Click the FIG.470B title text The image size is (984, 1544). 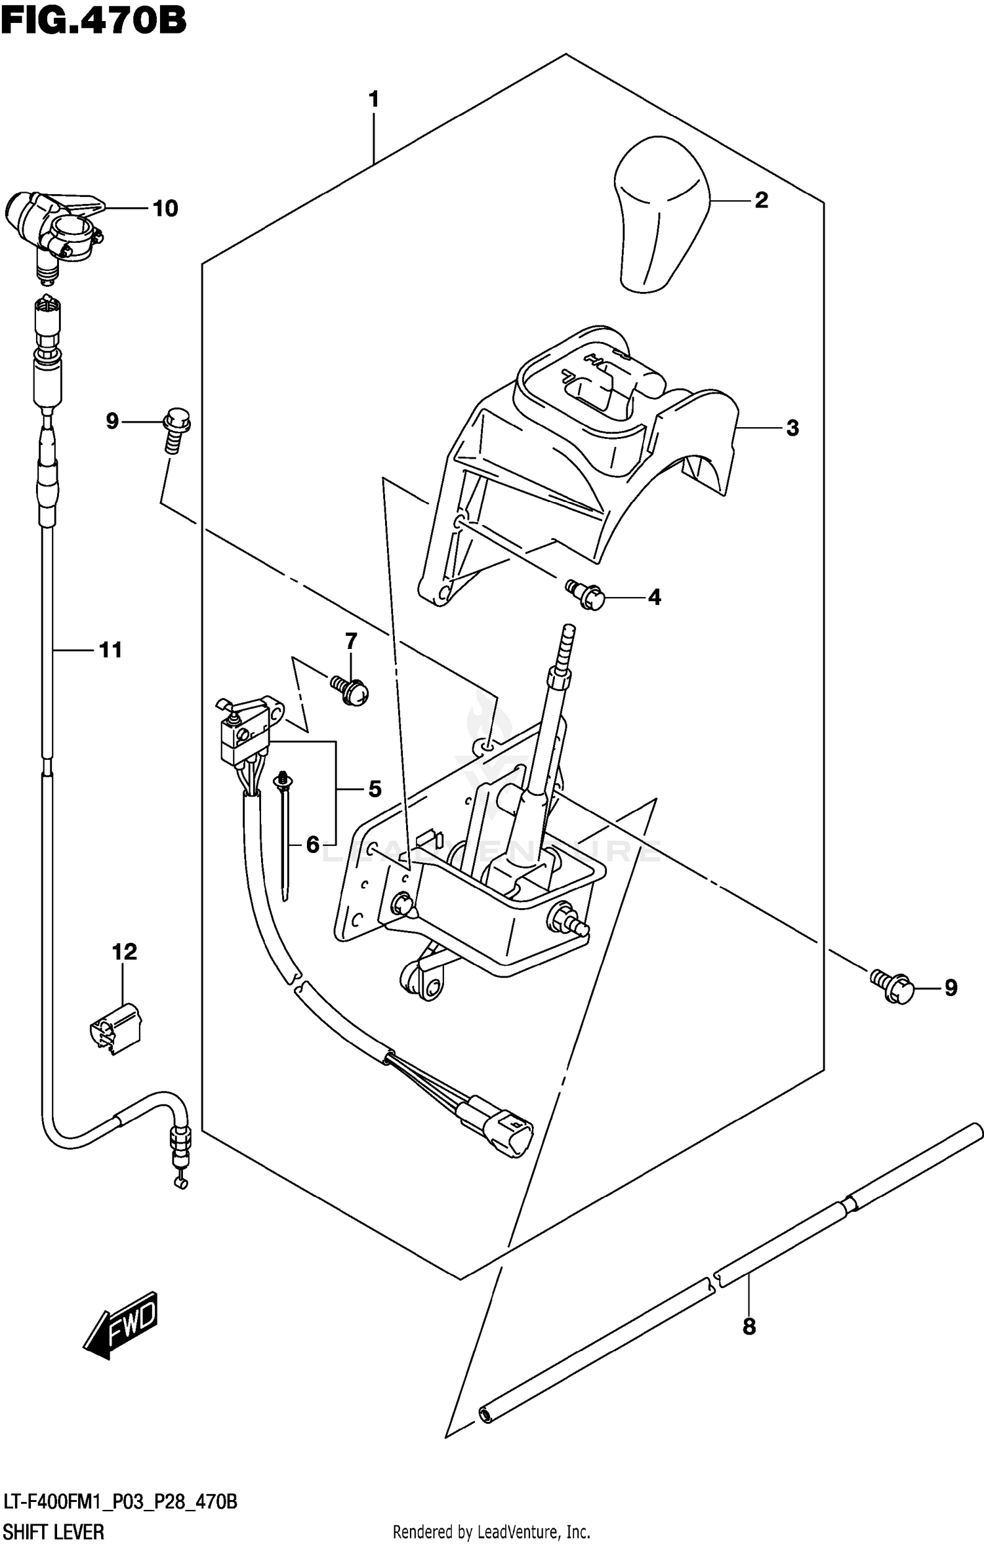coord(93,21)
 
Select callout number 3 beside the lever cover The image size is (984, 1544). coord(792,428)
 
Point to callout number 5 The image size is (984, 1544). coord(375,789)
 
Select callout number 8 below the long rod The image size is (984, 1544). coord(748,1327)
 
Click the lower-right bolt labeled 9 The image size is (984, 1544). coord(893,988)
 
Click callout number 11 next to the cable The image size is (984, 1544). coord(110,650)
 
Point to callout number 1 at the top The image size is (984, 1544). coord(373,100)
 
